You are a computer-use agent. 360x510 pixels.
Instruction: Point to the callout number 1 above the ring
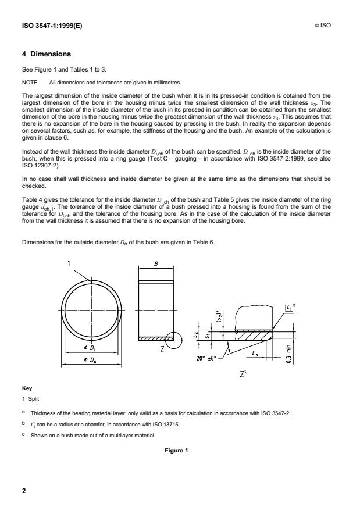tap(68, 263)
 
